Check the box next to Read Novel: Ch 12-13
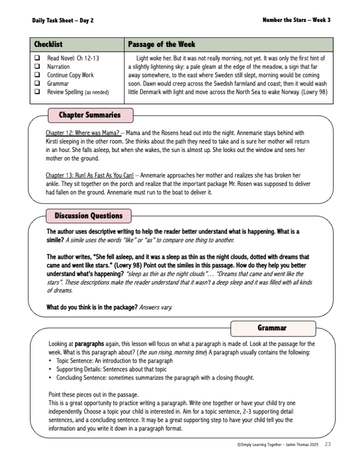[x=37, y=58]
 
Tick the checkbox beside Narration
[x=37, y=66]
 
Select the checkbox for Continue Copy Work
[x=37, y=75]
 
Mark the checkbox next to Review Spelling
[x=37, y=92]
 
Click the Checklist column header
[x=48, y=44]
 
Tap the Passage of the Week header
[x=161, y=44]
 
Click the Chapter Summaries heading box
[x=90, y=115]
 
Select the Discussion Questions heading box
[x=88, y=216]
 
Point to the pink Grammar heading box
[x=273, y=328]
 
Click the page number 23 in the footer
[x=327, y=444]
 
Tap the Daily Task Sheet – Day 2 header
[x=62, y=20]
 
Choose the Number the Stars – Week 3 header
[x=296, y=20]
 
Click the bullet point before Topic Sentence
[x=50, y=361]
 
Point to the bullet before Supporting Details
[x=50, y=369]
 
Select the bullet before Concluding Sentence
[x=50, y=377]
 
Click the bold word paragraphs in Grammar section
[x=88, y=344]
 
